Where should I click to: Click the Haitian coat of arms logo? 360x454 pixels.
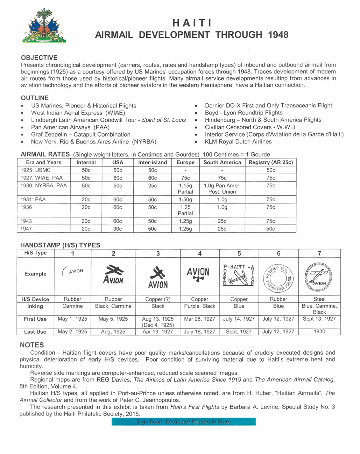pyautogui.click(x=44, y=26)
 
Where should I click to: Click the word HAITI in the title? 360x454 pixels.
pyautogui.click(x=192, y=23)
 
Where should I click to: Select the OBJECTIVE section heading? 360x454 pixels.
pyautogui.click(x=39, y=58)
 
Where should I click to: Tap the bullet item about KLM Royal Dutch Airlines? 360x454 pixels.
pyautogui.click(x=238, y=142)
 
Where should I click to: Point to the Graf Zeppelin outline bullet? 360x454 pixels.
pyautogui.click(x=80, y=134)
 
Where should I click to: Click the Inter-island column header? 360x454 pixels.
pyautogui.click(x=153, y=162)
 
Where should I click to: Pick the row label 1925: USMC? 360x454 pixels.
pyautogui.click(x=35, y=170)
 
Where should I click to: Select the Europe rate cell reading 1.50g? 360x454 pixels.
pyautogui.click(x=185, y=200)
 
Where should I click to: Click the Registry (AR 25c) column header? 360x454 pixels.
pyautogui.click(x=270, y=162)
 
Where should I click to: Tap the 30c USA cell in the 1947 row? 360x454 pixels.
pyautogui.click(x=118, y=229)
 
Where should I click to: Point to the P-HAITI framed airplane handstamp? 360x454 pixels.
pyautogui.click(x=239, y=275)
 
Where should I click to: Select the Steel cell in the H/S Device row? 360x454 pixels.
pyautogui.click(x=319, y=299)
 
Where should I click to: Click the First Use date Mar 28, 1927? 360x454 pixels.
pyautogui.click(x=199, y=319)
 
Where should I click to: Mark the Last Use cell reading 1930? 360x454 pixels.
pyautogui.click(x=319, y=331)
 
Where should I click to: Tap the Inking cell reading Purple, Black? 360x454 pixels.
pyautogui.click(x=199, y=306)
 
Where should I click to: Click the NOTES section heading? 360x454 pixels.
pyautogui.click(x=32, y=345)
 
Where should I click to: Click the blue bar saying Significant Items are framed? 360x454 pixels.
pyautogui.click(x=183, y=422)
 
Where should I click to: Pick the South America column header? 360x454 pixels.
pyautogui.click(x=222, y=162)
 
